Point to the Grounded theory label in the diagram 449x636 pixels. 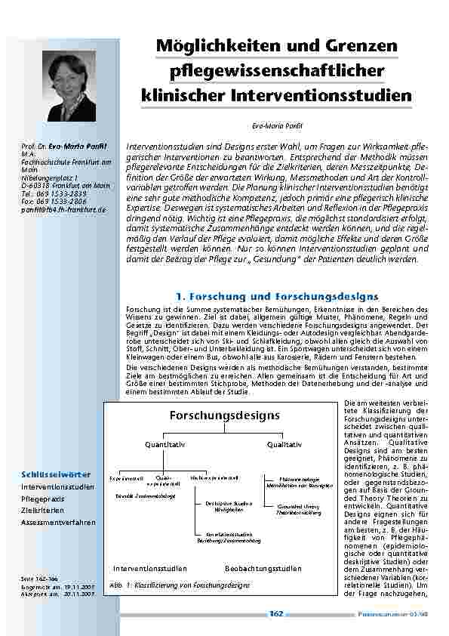(295, 507)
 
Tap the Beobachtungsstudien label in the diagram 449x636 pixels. (263, 568)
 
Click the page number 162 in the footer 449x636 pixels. (276, 614)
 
